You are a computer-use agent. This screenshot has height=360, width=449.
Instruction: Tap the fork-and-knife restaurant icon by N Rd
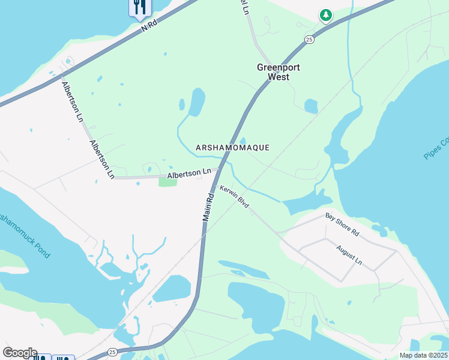click(x=139, y=7)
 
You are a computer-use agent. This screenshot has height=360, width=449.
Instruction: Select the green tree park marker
click(x=325, y=15)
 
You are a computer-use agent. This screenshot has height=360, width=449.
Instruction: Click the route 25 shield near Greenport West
click(x=309, y=40)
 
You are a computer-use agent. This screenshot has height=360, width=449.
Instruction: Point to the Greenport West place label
click(x=278, y=72)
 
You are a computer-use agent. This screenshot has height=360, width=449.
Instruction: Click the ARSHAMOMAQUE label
click(x=232, y=148)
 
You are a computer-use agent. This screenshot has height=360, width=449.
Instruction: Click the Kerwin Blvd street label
click(x=235, y=196)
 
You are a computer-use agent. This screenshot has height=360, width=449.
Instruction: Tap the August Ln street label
click(x=349, y=255)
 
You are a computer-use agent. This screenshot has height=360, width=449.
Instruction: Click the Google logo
click(x=20, y=353)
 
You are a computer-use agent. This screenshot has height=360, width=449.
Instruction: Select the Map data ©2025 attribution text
click(x=423, y=355)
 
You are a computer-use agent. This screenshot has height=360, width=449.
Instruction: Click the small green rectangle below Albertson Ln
click(x=167, y=182)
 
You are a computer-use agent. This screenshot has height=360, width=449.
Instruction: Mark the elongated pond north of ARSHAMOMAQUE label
click(x=196, y=102)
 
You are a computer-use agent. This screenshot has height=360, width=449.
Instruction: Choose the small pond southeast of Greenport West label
click(x=311, y=106)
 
